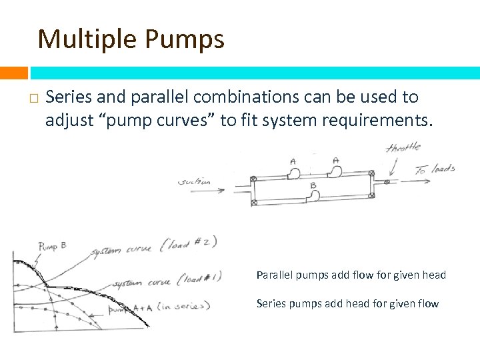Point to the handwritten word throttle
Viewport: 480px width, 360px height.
coord(404,148)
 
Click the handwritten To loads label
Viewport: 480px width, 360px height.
coord(435,169)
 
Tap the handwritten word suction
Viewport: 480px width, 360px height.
coord(195,181)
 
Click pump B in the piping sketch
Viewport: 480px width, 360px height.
coord(312,196)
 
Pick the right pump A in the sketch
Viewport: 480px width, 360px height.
coord(335,171)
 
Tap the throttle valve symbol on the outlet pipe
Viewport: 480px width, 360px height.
coord(387,181)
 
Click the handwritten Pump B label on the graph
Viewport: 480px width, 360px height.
coord(52,247)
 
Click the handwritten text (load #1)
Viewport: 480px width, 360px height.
coord(196,279)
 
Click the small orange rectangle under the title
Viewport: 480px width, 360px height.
coord(14,72)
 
